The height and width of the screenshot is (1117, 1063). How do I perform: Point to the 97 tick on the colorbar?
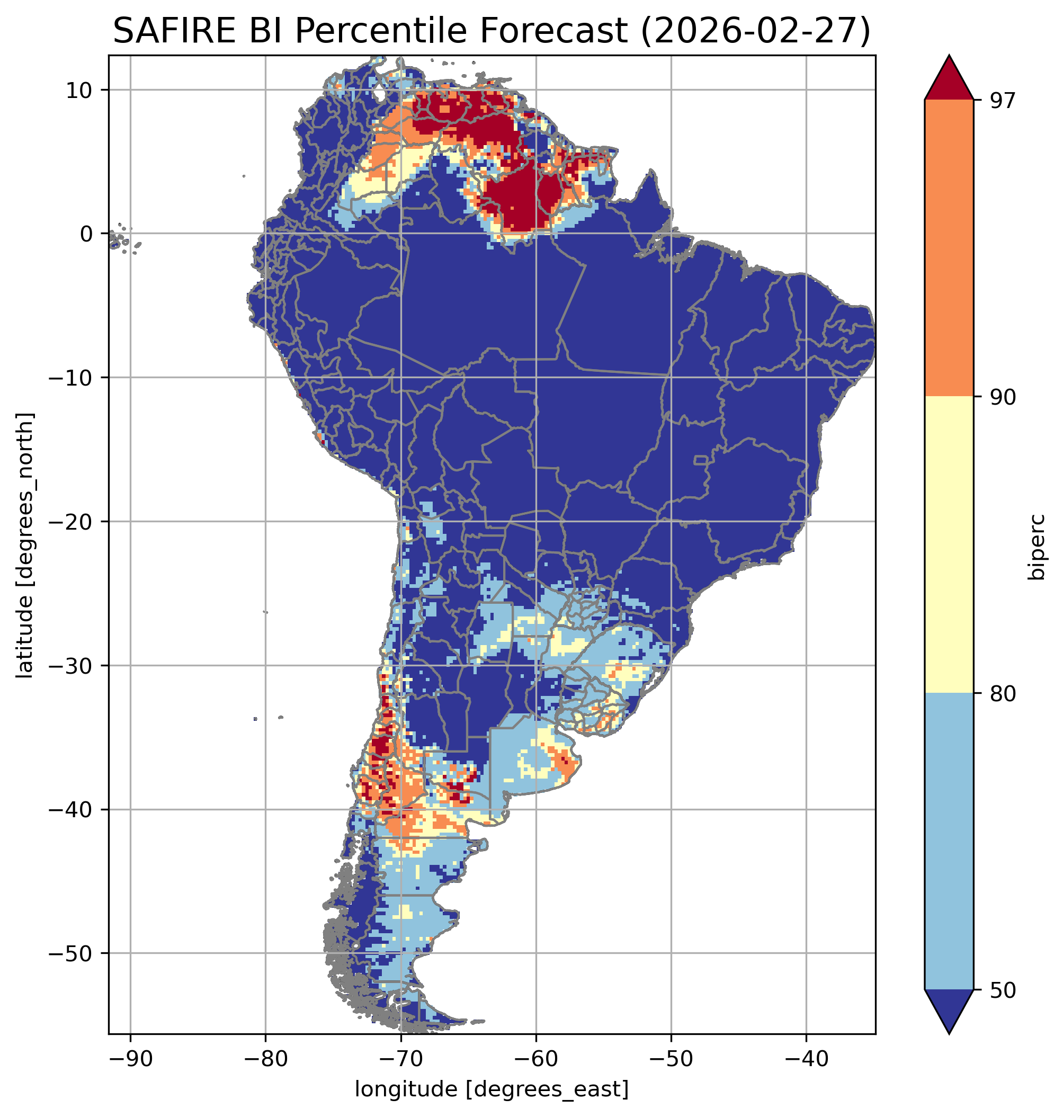click(1001, 100)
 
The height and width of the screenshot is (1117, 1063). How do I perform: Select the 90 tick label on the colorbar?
click(1001, 397)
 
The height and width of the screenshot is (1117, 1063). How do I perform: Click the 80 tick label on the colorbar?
click(1001, 693)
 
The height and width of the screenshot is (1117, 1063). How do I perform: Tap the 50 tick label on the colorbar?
click(1001, 990)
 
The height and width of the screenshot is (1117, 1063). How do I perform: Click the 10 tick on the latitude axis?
click(79, 90)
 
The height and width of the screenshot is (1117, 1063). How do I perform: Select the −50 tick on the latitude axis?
click(72, 953)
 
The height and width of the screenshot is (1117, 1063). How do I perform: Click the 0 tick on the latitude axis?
click(86, 234)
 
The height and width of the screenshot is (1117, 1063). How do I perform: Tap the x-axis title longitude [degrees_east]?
click(492, 1089)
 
